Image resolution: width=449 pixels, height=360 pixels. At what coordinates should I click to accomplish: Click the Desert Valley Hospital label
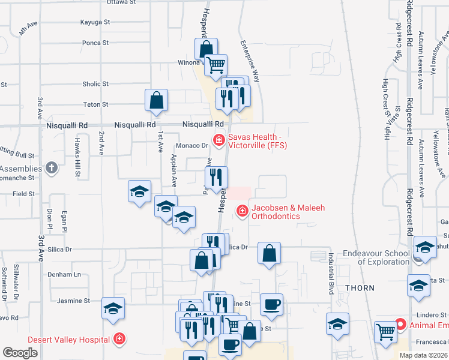55,339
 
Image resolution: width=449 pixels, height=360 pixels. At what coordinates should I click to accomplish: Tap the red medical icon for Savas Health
219,140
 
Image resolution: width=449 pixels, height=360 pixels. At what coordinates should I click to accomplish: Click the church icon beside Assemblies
52,167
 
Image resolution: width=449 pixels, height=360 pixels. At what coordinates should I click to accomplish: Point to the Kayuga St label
95,22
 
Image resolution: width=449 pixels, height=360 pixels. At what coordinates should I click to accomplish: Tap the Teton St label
95,104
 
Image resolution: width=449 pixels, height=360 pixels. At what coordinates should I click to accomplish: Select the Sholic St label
95,85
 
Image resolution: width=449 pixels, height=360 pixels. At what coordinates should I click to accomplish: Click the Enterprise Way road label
250,61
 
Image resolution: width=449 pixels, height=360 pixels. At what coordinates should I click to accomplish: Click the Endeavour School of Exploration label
376,257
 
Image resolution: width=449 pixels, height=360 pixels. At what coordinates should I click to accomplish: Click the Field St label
24,194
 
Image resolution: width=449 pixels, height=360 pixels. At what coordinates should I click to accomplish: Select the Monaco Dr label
191,146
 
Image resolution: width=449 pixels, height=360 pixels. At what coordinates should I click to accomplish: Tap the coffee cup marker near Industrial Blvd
271,304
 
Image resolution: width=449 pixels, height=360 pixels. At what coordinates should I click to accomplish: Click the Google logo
20,353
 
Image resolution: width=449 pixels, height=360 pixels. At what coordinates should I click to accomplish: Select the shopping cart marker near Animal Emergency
385,331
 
